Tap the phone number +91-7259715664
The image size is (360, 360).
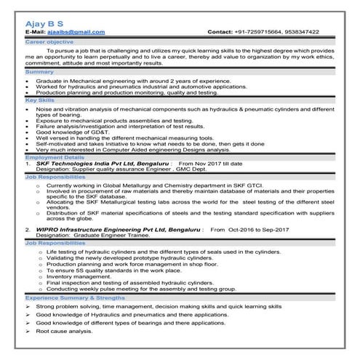tap(265, 33)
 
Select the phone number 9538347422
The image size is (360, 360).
tap(319, 33)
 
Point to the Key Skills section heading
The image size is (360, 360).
tap(41, 100)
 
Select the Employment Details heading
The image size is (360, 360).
tap(55, 156)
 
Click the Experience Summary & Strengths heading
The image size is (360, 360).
tap(80, 298)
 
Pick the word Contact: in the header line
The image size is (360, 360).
tap(220, 33)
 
